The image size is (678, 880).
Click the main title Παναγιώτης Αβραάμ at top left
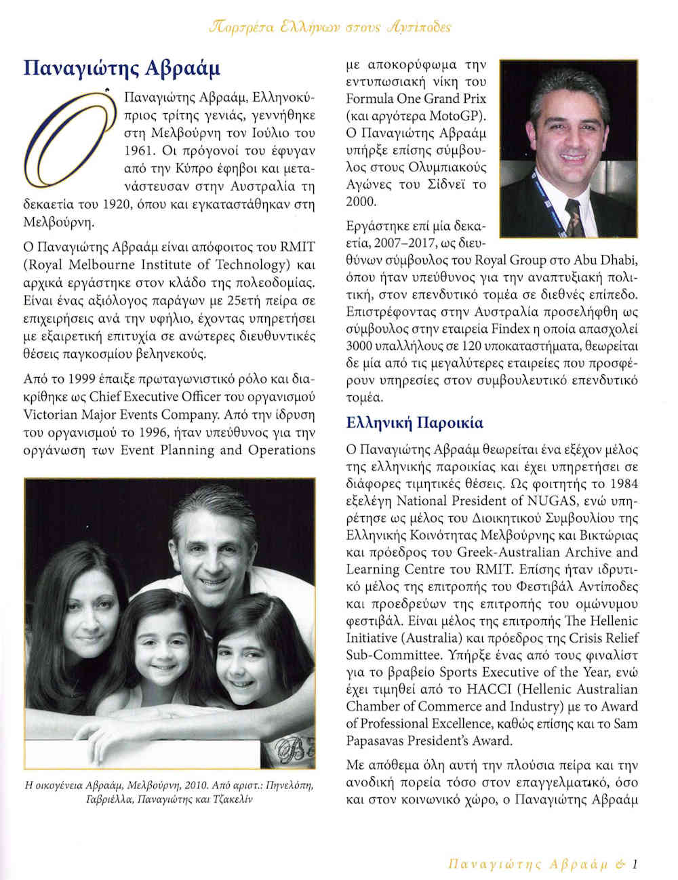click(x=122, y=68)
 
